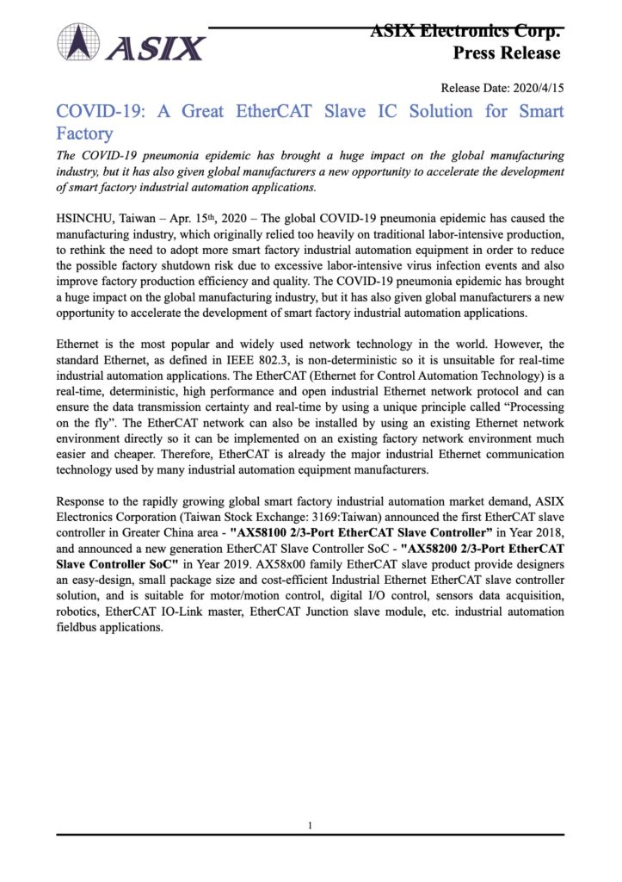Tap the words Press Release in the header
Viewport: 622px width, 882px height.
tap(507, 53)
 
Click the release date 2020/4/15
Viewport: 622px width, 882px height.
tap(538, 89)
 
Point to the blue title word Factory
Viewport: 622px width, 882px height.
tap(84, 134)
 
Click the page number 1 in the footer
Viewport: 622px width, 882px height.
tap(310, 826)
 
